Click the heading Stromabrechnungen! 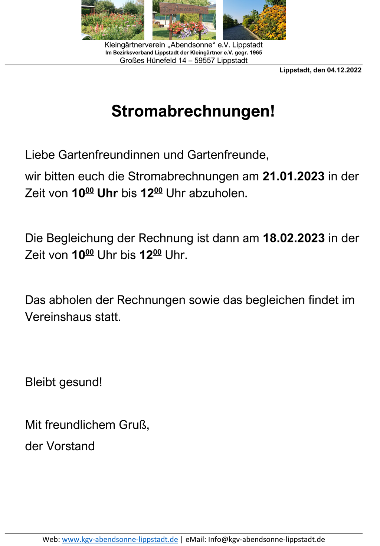(x=193, y=111)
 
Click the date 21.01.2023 (x=294, y=176)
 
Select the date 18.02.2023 (x=294, y=238)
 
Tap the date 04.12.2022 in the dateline (x=344, y=70)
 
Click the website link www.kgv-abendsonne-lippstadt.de (x=120, y=539)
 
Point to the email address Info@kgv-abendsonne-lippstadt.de (x=266, y=539)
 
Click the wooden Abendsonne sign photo (x=184, y=20)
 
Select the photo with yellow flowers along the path (x=254, y=20)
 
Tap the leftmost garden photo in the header (x=113, y=20)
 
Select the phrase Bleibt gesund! (x=63, y=382)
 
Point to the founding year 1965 (x=256, y=53)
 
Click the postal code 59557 (x=204, y=61)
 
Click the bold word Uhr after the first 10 (x=107, y=193)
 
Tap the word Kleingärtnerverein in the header (x=135, y=45)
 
